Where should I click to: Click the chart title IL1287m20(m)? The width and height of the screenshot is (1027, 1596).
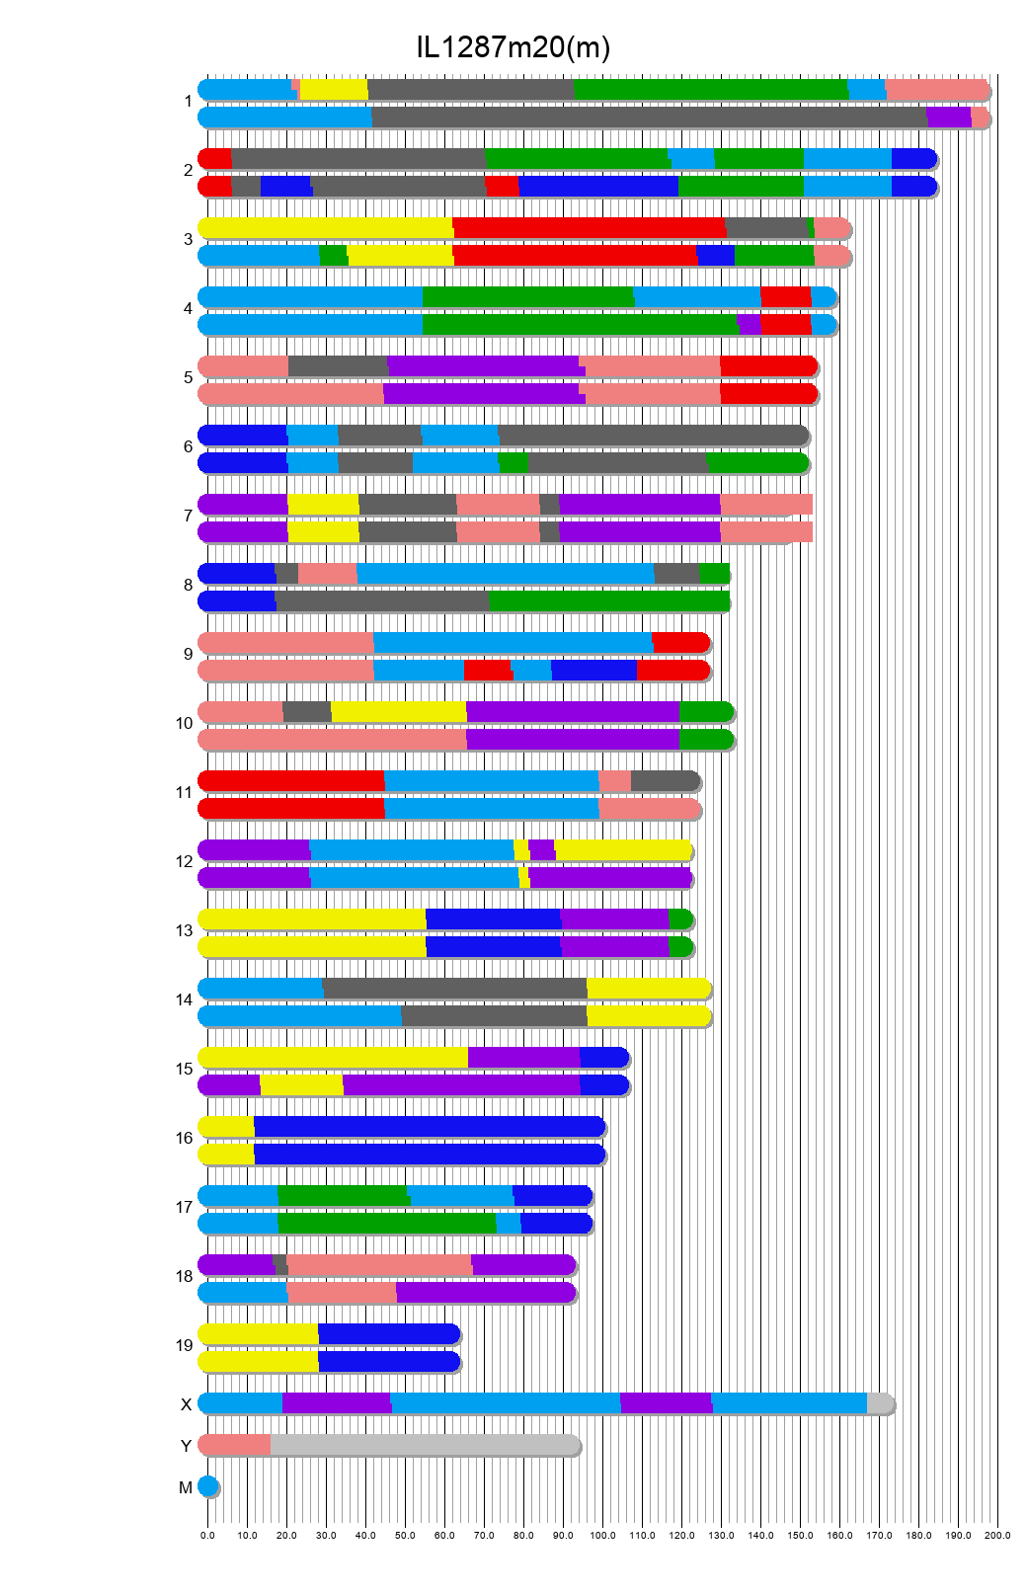513,46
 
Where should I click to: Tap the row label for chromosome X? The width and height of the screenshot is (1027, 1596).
186,1404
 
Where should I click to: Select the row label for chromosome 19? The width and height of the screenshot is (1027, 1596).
185,1345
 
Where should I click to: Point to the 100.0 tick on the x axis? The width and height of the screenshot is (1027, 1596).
602,1535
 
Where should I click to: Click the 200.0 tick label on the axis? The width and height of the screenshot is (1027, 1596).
997,1535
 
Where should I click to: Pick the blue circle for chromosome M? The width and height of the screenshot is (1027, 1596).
207,1486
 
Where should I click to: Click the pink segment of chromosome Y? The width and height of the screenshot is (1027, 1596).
235,1445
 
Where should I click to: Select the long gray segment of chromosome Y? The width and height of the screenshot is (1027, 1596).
425,1445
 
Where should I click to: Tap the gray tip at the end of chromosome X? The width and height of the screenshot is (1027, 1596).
879,1403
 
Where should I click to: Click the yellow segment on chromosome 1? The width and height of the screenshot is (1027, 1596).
334,90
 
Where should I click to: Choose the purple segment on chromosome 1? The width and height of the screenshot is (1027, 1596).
948,118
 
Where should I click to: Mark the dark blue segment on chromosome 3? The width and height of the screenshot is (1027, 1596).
716,256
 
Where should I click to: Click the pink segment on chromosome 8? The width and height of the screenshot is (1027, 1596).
327,574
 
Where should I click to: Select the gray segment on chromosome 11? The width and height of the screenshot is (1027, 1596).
664,781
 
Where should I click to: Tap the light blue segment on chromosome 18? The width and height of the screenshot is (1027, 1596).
243,1293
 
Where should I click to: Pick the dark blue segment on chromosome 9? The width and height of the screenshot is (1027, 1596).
593,671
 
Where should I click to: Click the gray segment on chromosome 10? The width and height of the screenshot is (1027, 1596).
307,712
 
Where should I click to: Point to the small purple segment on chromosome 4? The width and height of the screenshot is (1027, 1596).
750,325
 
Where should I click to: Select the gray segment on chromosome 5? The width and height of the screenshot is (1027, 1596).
338,366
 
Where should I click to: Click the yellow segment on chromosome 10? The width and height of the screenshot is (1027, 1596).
398,712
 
